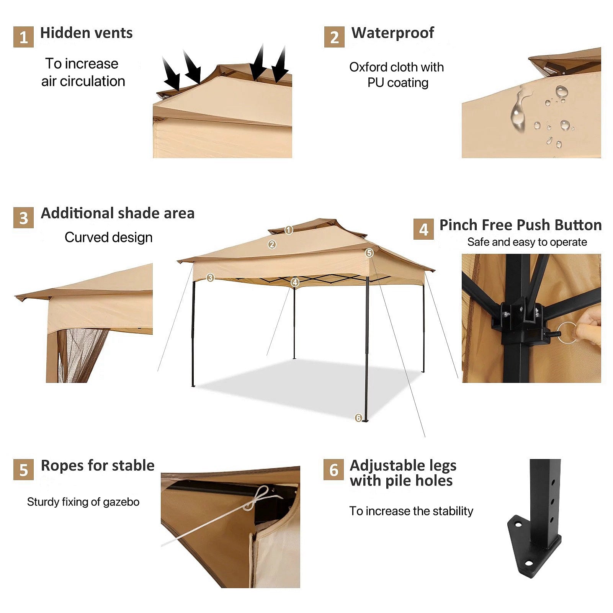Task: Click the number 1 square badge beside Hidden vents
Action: tap(23, 37)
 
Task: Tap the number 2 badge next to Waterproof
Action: tap(334, 37)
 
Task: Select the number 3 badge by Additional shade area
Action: tap(23, 218)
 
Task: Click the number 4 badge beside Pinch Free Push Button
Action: tap(423, 229)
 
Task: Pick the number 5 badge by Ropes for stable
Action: tap(23, 470)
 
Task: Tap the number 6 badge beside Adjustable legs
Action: tap(333, 470)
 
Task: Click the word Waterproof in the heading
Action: tap(393, 33)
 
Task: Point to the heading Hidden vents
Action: tap(87, 33)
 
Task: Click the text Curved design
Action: tap(108, 237)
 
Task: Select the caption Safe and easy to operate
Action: tap(527, 242)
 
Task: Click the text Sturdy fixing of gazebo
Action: tap(83, 502)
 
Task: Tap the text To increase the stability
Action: tap(411, 511)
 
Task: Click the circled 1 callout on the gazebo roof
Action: tap(289, 230)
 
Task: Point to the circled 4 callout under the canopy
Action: tap(295, 283)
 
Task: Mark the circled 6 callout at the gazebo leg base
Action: tap(358, 418)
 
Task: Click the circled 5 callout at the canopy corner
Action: tap(369, 253)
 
